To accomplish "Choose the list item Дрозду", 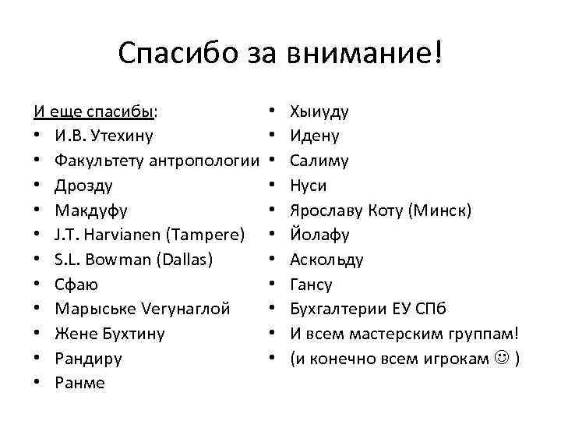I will (83, 186).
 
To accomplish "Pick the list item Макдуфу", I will (91, 210).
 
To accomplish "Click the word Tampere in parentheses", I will (212, 235).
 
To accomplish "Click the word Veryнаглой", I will (184, 310).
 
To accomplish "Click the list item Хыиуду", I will (319, 111).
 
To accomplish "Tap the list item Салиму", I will (319, 161).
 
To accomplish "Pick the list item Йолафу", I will (319, 235).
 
